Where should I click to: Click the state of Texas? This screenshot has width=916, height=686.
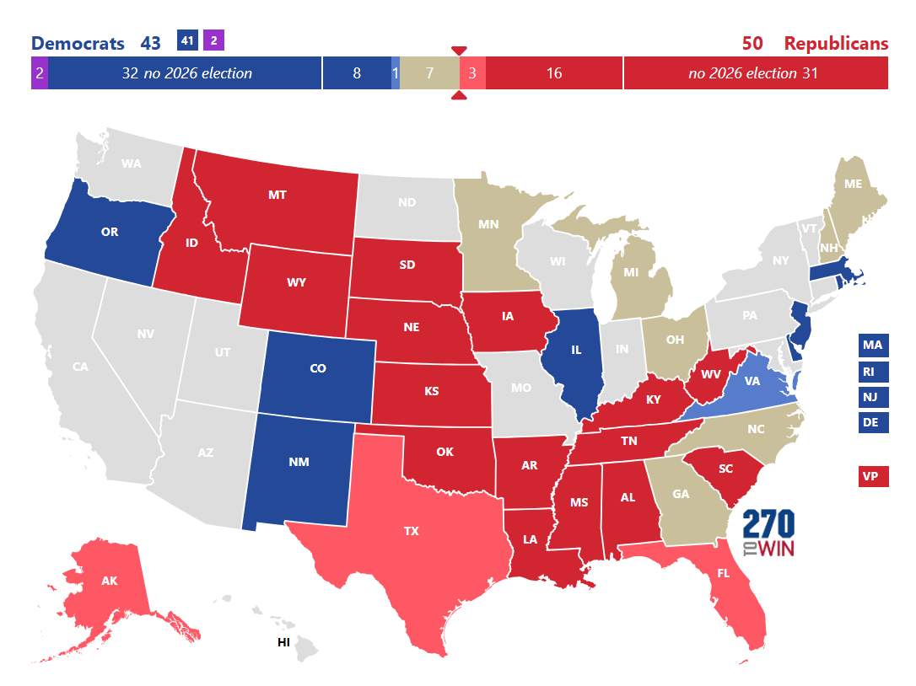click(411, 531)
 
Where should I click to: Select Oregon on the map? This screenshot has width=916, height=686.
click(109, 232)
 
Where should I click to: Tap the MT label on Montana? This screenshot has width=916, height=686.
click(277, 195)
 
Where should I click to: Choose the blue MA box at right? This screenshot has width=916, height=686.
click(873, 345)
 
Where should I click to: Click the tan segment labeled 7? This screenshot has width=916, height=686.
click(429, 73)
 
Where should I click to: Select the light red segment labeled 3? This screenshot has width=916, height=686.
click(472, 73)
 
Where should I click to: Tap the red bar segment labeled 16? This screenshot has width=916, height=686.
click(554, 73)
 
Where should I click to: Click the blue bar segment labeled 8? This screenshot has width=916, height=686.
click(356, 73)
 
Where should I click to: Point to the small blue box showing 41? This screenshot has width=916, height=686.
click(187, 40)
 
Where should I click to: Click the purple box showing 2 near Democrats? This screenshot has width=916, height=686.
click(213, 40)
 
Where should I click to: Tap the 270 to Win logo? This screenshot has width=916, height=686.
click(768, 533)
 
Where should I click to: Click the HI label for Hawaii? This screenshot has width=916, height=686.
click(284, 642)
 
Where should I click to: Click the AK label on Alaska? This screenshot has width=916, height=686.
click(109, 581)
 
